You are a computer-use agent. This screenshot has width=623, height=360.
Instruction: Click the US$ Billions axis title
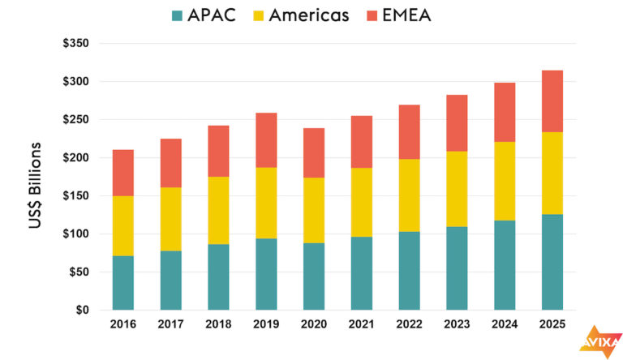coord(36,185)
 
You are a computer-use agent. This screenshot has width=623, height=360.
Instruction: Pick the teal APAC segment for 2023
coord(456,268)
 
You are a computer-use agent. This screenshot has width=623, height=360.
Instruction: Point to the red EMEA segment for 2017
coord(170,163)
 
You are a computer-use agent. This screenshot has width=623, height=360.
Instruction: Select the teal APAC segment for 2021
coord(361,273)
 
